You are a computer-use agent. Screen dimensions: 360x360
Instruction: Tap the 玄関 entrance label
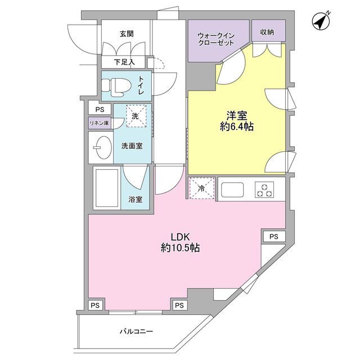pos(126,34)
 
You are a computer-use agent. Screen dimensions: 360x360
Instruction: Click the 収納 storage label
pos(267,33)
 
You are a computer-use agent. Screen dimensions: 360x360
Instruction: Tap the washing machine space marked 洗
pos(135,116)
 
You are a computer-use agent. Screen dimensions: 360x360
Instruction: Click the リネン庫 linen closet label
pos(99,123)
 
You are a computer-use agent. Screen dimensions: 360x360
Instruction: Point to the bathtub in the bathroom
pos(106,188)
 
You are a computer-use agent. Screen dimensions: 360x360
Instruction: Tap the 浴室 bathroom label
pos(135,199)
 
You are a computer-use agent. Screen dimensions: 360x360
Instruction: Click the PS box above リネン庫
pos(100,110)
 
